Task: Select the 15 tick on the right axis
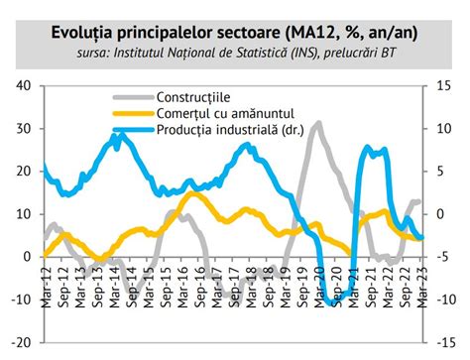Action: pos(445,85)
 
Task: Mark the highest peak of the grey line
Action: pos(317,124)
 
